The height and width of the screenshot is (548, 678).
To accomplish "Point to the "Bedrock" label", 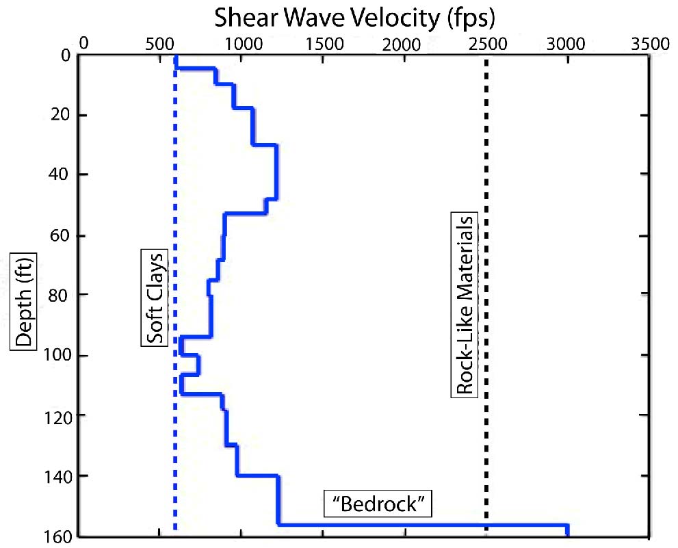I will (x=378, y=505).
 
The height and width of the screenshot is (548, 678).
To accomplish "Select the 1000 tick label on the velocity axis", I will (x=241, y=44).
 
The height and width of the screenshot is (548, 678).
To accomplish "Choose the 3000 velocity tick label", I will (x=565, y=44).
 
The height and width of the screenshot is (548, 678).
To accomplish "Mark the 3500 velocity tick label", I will (x=647, y=44).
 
